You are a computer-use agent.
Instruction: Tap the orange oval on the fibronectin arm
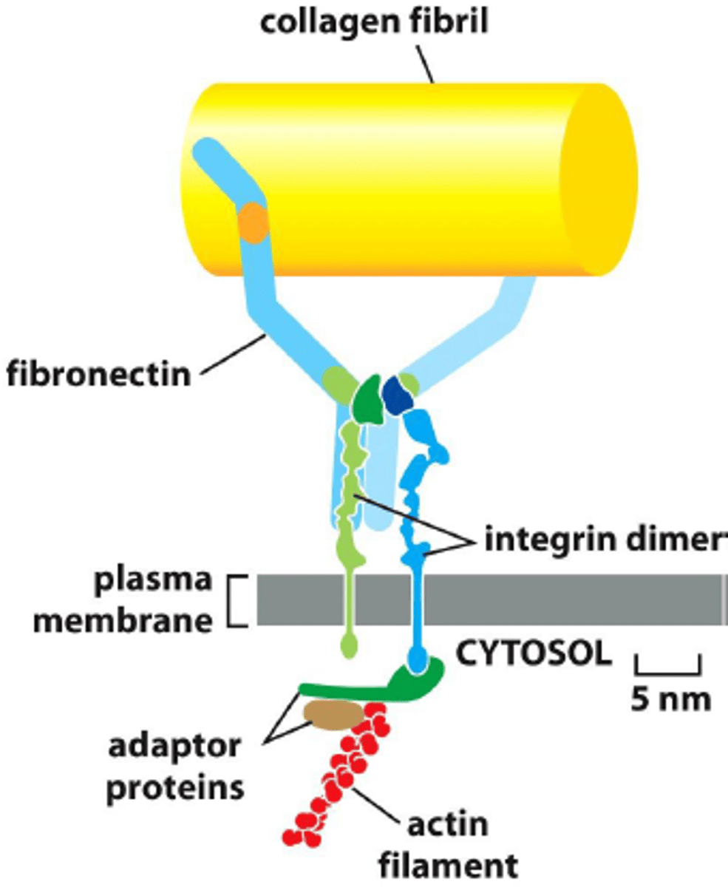pyautogui.click(x=253, y=222)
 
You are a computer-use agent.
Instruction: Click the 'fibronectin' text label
pyautogui.click(x=98, y=373)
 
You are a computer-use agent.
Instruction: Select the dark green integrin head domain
pyautogui.click(x=367, y=400)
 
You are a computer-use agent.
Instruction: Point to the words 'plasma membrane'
pyautogui.click(x=124, y=599)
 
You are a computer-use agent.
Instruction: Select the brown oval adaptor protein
pyautogui.click(x=334, y=715)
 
